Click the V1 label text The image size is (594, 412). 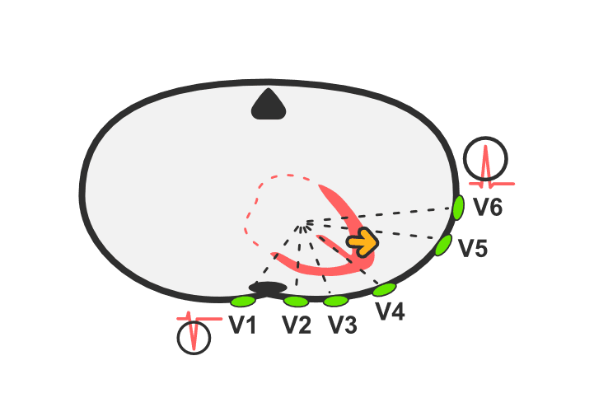tap(242, 325)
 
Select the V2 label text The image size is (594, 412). tap(297, 325)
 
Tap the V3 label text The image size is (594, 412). tap(342, 325)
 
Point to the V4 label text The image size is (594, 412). tap(391, 311)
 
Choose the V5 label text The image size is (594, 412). tap(473, 249)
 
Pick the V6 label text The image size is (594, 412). tap(488, 207)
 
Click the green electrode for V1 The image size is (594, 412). tap(243, 302)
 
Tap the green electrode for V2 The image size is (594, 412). tap(296, 302)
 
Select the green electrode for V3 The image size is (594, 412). tap(335, 302)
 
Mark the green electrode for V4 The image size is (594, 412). tap(384, 289)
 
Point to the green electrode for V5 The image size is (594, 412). tap(443, 246)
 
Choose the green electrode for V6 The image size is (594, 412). tap(458, 208)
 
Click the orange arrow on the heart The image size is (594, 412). tap(363, 242)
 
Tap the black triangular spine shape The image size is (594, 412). tap(269, 105)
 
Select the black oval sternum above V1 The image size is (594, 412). tap(268, 288)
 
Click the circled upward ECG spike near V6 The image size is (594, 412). tap(485, 159)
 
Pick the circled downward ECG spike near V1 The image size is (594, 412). tap(194, 338)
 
